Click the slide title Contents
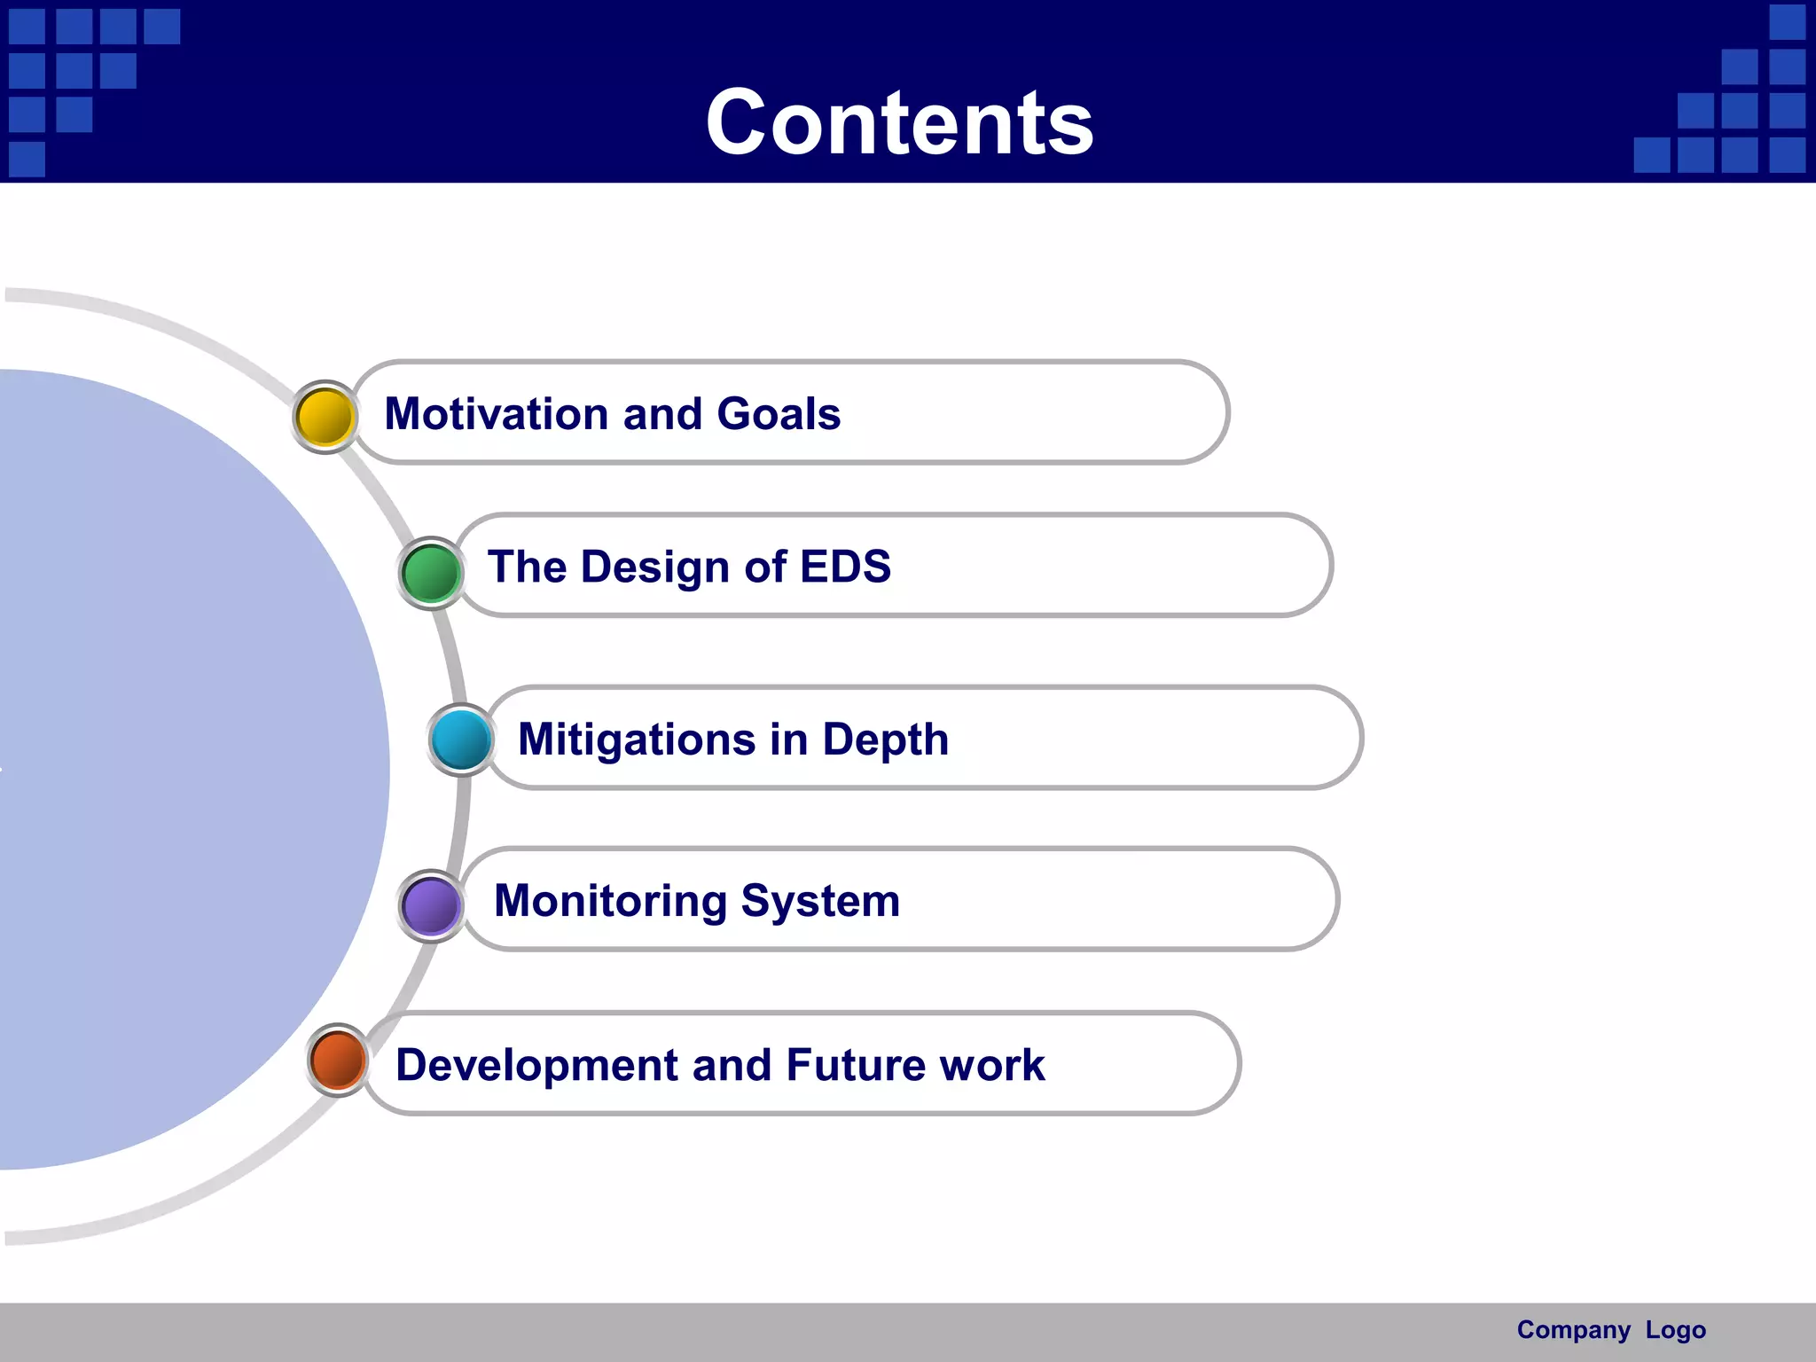899,122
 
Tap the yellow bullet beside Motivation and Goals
325,417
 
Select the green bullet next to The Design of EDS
431,573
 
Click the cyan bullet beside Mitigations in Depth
461,740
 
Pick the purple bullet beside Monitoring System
431,905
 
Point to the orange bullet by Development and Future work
338,1060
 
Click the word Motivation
495,414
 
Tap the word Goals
779,414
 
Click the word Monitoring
609,901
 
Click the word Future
855,1065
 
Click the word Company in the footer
1573,1330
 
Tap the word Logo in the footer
1675,1330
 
